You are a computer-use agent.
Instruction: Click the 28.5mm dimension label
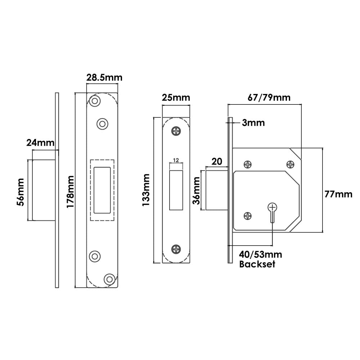click(x=104, y=77)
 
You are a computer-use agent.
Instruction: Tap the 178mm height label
click(x=71, y=191)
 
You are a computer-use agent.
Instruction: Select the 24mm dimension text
click(x=40, y=143)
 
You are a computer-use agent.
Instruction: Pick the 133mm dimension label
click(x=147, y=190)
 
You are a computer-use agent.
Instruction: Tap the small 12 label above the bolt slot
click(x=176, y=159)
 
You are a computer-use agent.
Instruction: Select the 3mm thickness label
click(x=253, y=123)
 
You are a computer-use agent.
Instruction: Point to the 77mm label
click(x=338, y=194)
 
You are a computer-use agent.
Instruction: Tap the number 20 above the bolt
click(x=216, y=162)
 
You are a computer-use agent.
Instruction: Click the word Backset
click(x=257, y=265)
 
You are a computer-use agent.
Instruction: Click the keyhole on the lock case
click(x=273, y=211)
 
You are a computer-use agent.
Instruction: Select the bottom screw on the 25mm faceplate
click(x=176, y=248)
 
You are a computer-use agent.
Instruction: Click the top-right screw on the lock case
click(x=290, y=165)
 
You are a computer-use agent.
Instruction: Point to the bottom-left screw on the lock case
click(x=248, y=216)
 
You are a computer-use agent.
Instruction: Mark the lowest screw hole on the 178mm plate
click(x=109, y=279)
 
